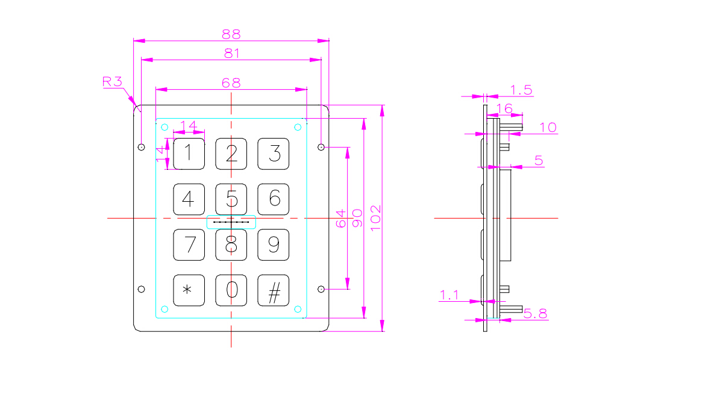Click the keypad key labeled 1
point(189,154)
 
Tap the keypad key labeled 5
point(231,199)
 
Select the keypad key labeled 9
point(274,245)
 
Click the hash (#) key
point(274,290)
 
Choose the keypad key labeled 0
point(231,290)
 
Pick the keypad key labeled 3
point(274,154)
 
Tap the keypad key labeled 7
point(189,245)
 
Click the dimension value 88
point(231,34)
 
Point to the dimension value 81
point(231,53)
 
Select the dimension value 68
point(231,83)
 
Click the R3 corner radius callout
point(113,82)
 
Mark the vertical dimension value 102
point(375,218)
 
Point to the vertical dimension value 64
point(340,218)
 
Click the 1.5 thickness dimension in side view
point(521,90)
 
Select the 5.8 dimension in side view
point(535,313)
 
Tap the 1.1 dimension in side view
point(449,295)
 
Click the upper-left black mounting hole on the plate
point(142,147)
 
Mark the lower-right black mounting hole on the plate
point(321,289)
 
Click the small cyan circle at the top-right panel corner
point(298,127)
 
